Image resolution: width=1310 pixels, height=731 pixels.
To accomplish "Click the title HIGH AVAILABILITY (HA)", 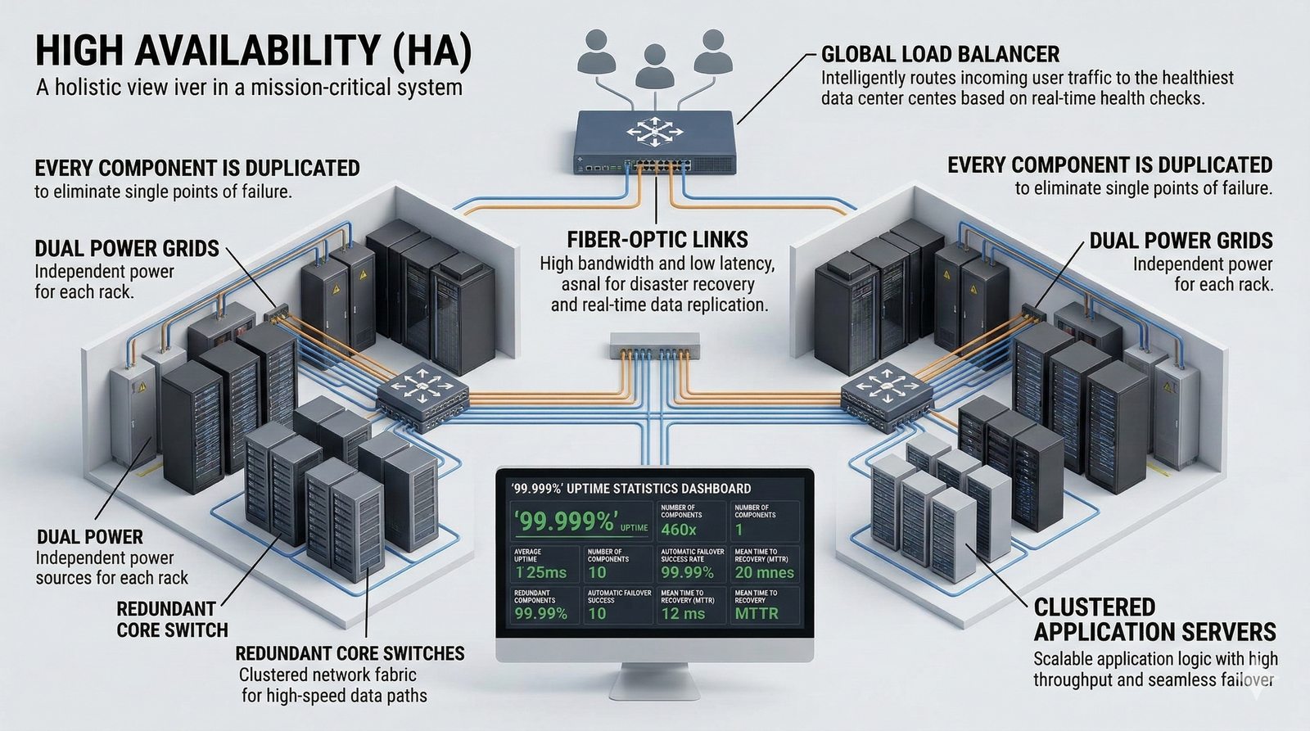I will click(254, 52).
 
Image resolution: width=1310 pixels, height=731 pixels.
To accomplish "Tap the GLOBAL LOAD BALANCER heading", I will click(940, 55).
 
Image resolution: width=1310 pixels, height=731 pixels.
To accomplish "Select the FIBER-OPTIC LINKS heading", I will click(657, 240).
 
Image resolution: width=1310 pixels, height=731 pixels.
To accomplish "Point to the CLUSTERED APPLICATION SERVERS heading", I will click(1154, 620).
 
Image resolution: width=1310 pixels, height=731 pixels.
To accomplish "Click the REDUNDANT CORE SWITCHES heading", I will click(350, 653).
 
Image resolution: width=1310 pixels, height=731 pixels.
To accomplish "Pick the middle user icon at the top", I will click(653, 65).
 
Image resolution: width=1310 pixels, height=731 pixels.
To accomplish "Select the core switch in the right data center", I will click(887, 394).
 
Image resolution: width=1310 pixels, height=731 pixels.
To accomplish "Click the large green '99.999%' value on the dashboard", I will click(566, 521).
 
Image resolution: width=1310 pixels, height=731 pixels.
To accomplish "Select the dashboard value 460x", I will click(679, 530).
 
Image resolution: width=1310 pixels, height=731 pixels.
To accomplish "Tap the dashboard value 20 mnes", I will click(764, 572).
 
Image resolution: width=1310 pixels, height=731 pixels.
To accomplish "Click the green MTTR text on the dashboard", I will click(757, 613).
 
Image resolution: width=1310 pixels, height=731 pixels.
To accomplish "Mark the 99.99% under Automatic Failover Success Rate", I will click(687, 572).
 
